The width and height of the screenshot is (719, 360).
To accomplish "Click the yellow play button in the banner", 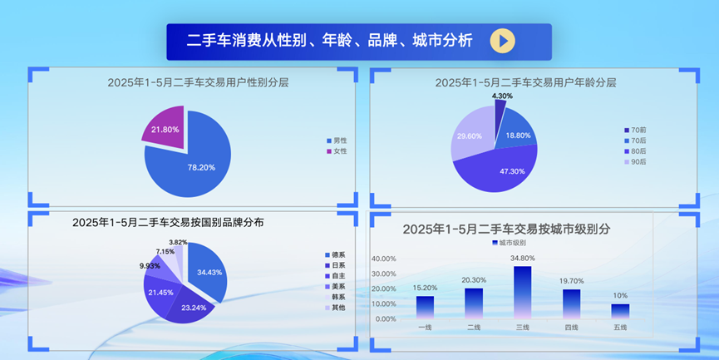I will [x=502, y=41].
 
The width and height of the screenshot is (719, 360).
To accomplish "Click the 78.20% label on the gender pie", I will [x=201, y=167].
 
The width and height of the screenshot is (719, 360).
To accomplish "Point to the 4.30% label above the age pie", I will [x=502, y=96].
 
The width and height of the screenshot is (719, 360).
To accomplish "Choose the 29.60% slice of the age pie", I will [x=470, y=136].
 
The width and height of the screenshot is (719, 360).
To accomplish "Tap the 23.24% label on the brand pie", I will [x=193, y=308].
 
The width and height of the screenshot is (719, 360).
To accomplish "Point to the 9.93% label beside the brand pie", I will [x=150, y=266].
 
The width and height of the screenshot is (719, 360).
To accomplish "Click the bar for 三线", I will [x=523, y=292].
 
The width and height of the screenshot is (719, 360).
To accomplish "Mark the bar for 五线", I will [x=620, y=311].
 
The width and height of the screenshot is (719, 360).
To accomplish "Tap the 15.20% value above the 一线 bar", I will [x=425, y=288].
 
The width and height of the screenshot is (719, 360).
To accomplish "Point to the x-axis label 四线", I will [x=571, y=327].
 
